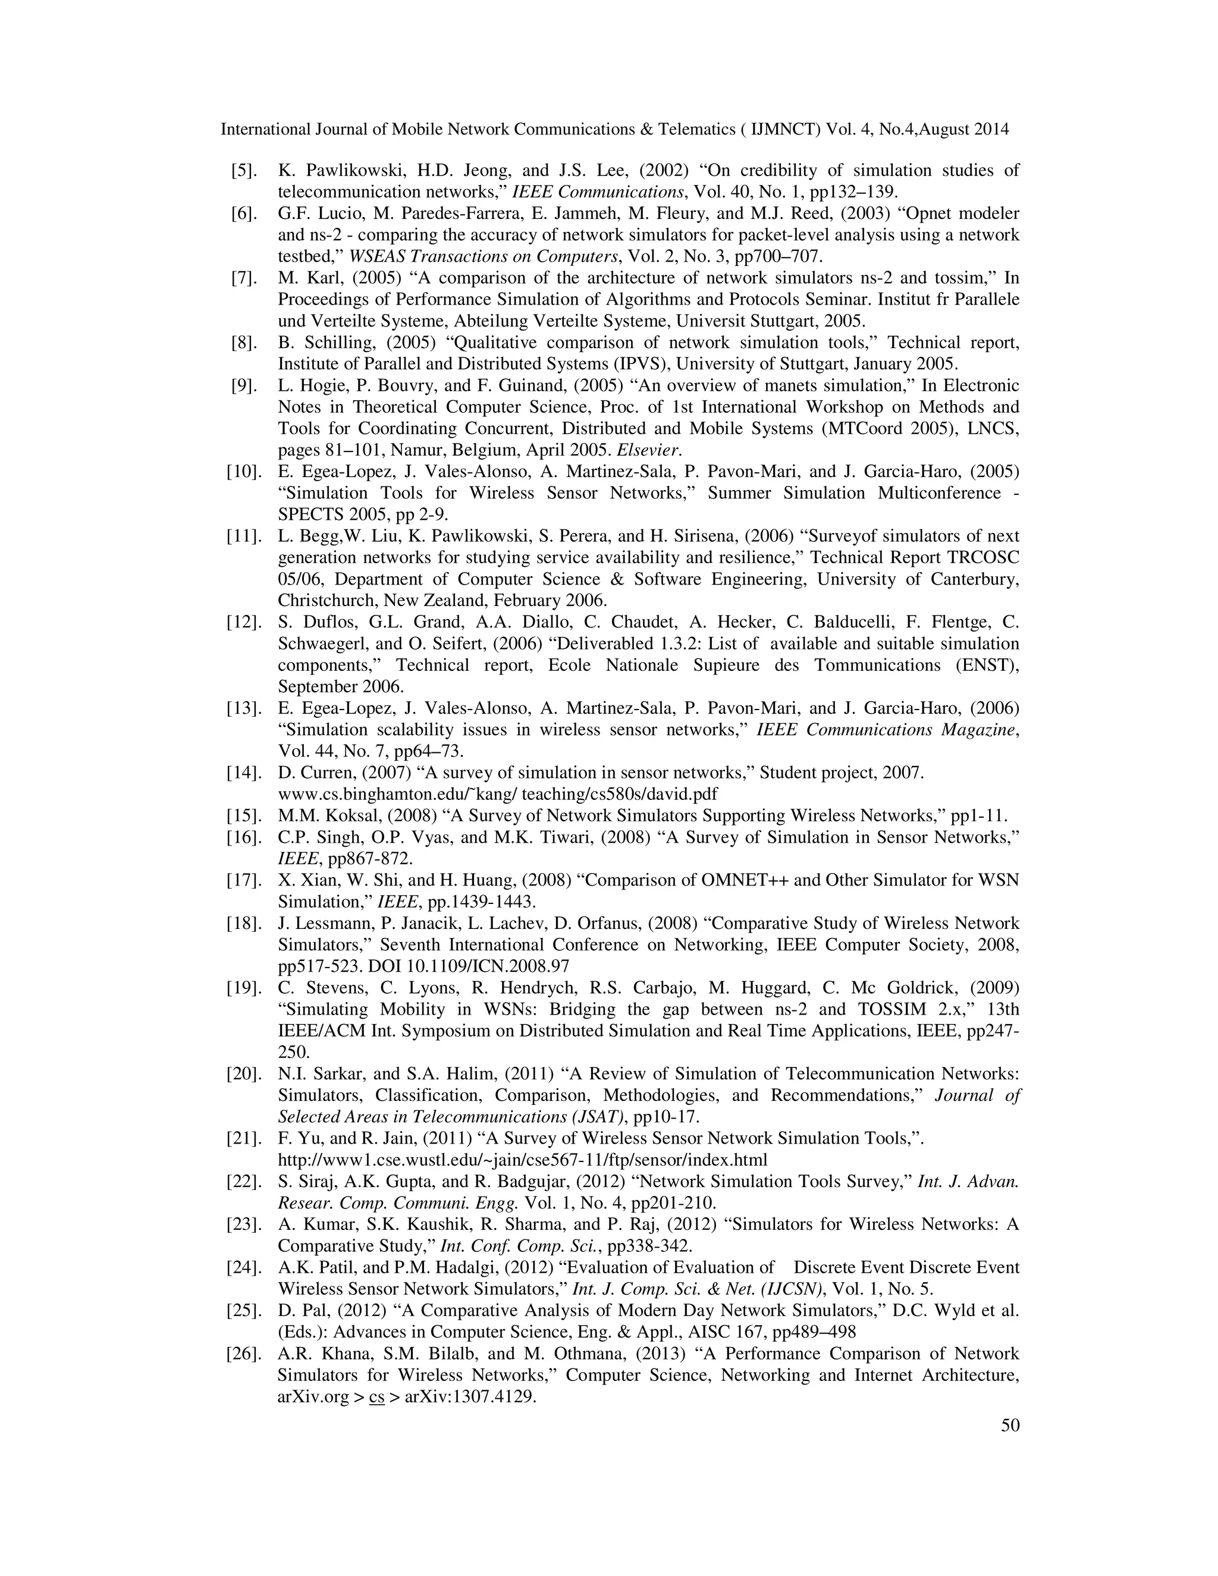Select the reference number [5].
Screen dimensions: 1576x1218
[x=244, y=171]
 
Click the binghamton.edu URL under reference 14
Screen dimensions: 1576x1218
[x=497, y=795]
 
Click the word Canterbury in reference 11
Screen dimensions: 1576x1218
[x=974, y=579]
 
